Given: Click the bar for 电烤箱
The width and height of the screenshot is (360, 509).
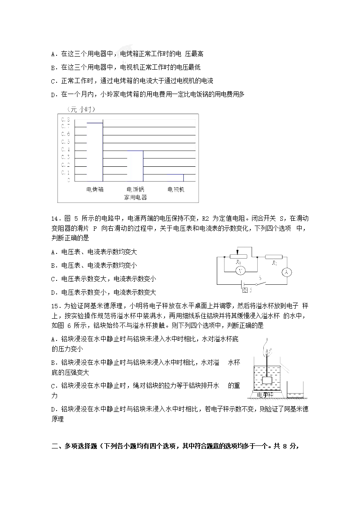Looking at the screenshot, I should pyautogui.click(x=94, y=152).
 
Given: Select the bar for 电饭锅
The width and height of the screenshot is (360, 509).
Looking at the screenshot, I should pyautogui.click(x=135, y=165).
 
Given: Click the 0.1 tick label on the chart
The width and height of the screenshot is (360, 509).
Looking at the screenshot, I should pyautogui.click(x=68, y=172).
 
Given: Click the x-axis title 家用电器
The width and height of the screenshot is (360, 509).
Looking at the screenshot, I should pyautogui.click(x=135, y=197).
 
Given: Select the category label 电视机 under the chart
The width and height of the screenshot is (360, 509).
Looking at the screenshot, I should pyautogui.click(x=176, y=189).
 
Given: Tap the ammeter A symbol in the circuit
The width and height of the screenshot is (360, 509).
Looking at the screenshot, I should pyautogui.click(x=286, y=272).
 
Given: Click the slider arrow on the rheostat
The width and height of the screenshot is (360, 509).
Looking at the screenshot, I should pyautogui.click(x=237, y=252).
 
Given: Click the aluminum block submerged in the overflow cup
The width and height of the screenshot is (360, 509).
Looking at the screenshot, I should pyautogui.click(x=267, y=380).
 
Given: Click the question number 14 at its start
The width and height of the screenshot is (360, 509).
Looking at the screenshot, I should pyautogui.click(x=54, y=218).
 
